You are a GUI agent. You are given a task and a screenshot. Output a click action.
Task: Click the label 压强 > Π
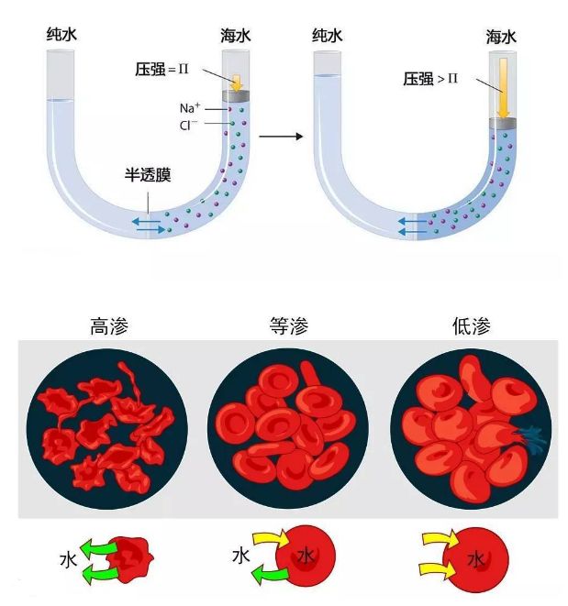[429, 80]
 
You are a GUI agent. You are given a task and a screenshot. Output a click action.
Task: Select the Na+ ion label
[190, 108]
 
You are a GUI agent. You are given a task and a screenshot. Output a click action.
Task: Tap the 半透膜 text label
[148, 174]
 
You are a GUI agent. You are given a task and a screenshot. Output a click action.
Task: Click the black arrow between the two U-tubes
[281, 137]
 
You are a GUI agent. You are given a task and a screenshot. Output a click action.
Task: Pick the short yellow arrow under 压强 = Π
[235, 82]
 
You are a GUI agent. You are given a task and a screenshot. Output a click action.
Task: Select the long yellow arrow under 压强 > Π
[503, 88]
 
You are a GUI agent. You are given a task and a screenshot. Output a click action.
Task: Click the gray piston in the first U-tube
[235, 96]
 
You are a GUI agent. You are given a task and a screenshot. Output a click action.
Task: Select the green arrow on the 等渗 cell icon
[272, 575]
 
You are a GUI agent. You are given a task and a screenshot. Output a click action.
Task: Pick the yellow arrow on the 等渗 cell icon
[270, 541]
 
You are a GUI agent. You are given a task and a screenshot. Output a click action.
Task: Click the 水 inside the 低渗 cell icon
[475, 558]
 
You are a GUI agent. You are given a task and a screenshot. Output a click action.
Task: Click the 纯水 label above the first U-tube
[65, 36]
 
